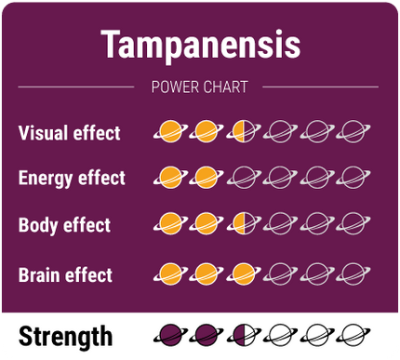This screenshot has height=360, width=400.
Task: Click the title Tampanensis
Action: (x=199, y=43)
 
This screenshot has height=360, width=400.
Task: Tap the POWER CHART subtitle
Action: (x=199, y=87)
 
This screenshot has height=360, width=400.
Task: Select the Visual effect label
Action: (x=69, y=133)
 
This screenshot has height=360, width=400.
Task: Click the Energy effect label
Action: (x=72, y=178)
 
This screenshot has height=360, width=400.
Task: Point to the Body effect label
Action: (x=64, y=225)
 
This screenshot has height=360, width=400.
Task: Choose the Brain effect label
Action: (x=65, y=274)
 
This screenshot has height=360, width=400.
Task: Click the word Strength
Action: (x=65, y=336)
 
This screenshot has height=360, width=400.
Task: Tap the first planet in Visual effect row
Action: (x=169, y=132)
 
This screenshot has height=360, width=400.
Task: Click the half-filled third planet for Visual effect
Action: (x=243, y=132)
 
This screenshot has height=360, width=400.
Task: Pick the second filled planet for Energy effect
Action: (x=206, y=177)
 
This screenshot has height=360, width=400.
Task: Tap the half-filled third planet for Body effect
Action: (x=243, y=224)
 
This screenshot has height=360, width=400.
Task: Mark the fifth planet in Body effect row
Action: (x=316, y=224)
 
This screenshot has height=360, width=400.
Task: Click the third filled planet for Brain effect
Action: (x=243, y=273)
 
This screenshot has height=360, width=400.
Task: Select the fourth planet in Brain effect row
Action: (x=280, y=273)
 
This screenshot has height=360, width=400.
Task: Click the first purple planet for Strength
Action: (x=169, y=335)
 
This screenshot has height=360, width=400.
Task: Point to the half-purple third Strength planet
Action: (x=243, y=335)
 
